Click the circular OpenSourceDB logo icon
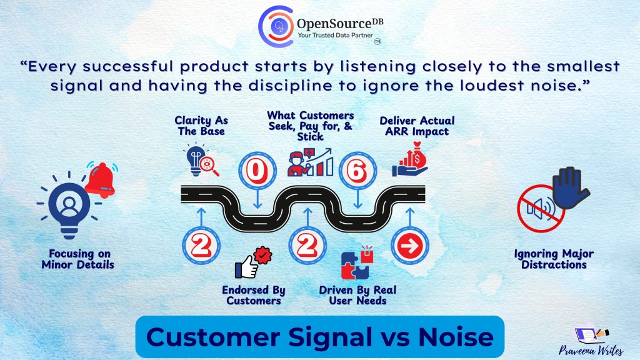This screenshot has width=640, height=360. (276, 26)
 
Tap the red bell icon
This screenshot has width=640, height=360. (101, 179)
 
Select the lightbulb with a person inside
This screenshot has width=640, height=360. (69, 207)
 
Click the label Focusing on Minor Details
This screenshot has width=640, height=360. (78, 259)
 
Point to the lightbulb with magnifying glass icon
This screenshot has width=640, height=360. (201, 160)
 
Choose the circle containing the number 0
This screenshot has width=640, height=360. (257, 171)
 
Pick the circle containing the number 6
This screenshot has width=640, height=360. (357, 171)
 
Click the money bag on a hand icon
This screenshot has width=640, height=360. (410, 159)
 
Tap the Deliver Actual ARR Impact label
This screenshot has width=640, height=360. (417, 126)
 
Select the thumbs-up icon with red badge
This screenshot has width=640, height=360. (254, 262)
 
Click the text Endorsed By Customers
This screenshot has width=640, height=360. (254, 295)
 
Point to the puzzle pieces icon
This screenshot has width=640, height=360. (357, 262)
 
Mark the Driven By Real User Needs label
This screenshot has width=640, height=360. (357, 295)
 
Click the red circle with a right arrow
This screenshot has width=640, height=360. (410, 246)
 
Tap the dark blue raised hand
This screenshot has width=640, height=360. (570, 187)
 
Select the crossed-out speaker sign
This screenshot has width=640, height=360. (541, 209)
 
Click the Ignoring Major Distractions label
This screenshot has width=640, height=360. (554, 259)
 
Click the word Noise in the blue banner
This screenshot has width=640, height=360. (456, 337)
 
